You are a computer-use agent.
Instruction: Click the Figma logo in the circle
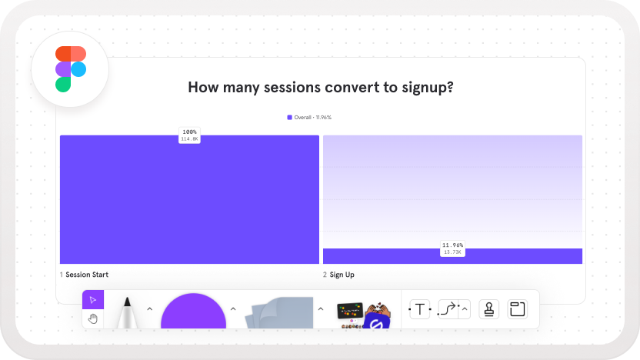(x=71, y=69)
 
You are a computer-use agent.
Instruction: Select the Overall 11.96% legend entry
(x=309, y=118)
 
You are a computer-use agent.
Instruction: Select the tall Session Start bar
(x=189, y=199)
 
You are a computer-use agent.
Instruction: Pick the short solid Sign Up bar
(x=452, y=256)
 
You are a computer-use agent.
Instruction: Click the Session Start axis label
(x=84, y=275)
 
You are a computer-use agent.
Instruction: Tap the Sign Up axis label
(x=338, y=275)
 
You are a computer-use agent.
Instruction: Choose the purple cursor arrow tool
(x=93, y=300)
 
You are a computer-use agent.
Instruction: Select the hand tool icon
(x=93, y=318)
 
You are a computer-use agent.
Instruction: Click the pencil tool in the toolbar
(x=128, y=312)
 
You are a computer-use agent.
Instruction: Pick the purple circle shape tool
(x=194, y=312)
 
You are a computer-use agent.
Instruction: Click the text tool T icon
(x=419, y=309)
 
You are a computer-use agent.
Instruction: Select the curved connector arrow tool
(x=448, y=309)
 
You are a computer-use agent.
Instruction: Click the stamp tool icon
(x=489, y=309)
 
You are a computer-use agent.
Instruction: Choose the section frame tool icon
(x=517, y=309)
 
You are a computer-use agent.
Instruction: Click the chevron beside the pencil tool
(x=150, y=309)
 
